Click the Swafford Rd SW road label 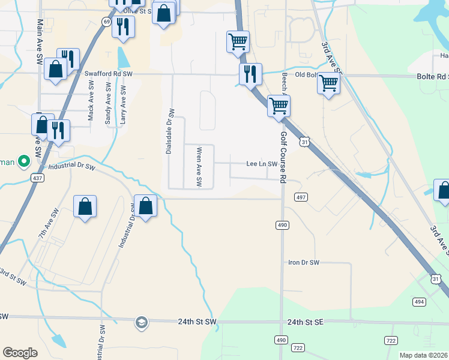(x=108, y=73)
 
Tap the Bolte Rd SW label (x=433, y=77)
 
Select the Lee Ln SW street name (x=262, y=164)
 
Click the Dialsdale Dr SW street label (x=170, y=131)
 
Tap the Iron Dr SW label (x=304, y=263)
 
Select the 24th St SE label (x=305, y=322)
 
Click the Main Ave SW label (x=40, y=34)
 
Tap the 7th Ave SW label (x=47, y=224)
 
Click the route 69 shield (x=106, y=22)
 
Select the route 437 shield (x=37, y=178)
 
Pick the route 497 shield (x=301, y=197)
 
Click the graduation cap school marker (x=141, y=322)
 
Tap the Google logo (x=20, y=353)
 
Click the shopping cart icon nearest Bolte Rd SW (x=328, y=83)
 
